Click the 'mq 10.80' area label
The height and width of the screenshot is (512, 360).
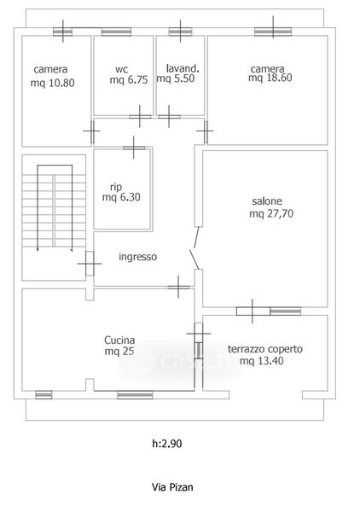pyautogui.click(x=53, y=83)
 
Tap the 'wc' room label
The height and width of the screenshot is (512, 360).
pyautogui.click(x=121, y=69)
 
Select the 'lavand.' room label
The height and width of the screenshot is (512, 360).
pyautogui.click(x=183, y=68)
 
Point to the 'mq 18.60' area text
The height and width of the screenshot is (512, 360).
pyautogui.click(x=270, y=78)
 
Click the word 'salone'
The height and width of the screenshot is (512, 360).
pyautogui.click(x=267, y=201)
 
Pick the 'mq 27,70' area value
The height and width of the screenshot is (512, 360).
pyautogui.click(x=271, y=213)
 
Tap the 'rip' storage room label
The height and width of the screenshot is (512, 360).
pyautogui.click(x=116, y=187)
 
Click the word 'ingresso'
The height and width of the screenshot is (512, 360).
pyautogui.click(x=137, y=257)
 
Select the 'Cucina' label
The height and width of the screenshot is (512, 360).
pyautogui.click(x=119, y=340)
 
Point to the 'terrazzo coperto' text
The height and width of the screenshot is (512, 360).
pyautogui.click(x=265, y=349)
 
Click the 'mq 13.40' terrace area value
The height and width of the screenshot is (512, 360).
pyautogui.click(x=261, y=361)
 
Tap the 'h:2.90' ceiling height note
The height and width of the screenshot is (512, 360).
pyautogui.click(x=167, y=444)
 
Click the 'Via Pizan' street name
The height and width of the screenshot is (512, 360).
pyautogui.click(x=172, y=487)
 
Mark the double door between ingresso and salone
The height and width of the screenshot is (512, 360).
pyautogui.click(x=196, y=248)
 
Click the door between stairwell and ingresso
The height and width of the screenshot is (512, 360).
pyautogui.click(x=90, y=263)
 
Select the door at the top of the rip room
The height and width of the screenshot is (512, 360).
pyautogui.click(x=134, y=148)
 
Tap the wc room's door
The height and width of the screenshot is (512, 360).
pyautogui.click(x=140, y=117)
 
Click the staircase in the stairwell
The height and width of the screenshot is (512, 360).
pyautogui.click(x=55, y=209)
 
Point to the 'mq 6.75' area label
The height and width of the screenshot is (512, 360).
pyautogui.click(x=129, y=80)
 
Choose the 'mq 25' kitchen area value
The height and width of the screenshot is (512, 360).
pyautogui.click(x=119, y=352)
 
